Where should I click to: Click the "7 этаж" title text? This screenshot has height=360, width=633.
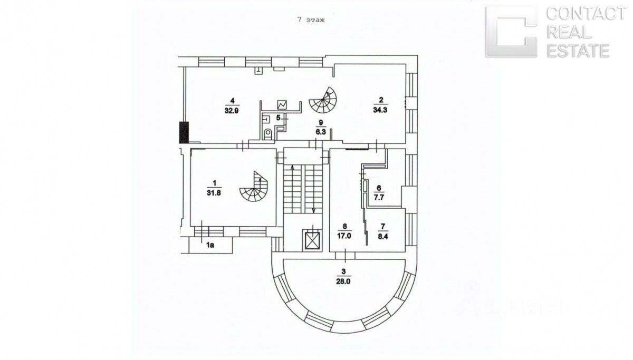pos(311,20)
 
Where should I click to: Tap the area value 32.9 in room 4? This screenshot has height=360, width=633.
pos(231,112)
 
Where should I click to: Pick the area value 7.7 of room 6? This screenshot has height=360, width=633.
pos(379,194)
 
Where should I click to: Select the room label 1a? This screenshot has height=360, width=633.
pos(210,245)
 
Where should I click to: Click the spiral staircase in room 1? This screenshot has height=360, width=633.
pos(253,188)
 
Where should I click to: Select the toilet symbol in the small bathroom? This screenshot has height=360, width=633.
pos(268,134)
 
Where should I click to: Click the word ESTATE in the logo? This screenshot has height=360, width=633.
pos(578,51)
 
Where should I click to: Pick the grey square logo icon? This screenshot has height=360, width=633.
pos(511,32)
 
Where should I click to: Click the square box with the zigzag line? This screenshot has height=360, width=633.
pos(282,105)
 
